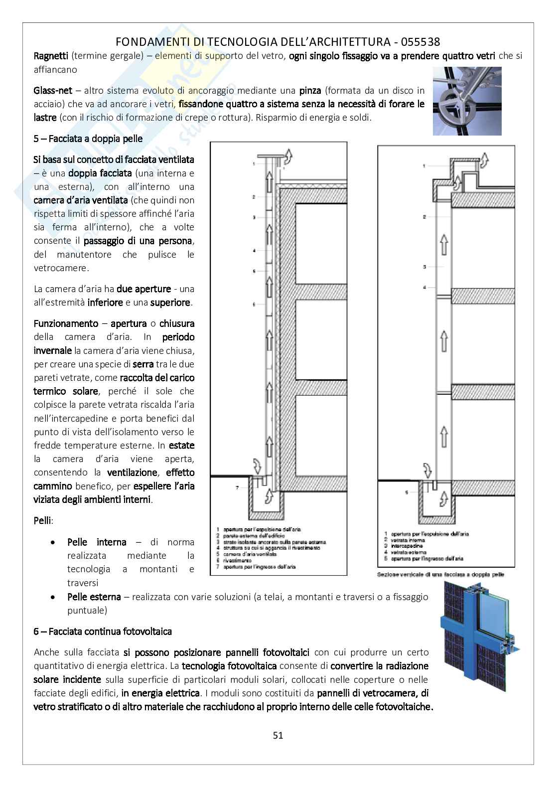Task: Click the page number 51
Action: [278, 735]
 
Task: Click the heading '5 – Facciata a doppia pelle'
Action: [88, 139]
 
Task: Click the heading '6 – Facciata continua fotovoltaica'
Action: [103, 631]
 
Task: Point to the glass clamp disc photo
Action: [467, 101]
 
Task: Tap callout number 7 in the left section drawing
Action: [237, 487]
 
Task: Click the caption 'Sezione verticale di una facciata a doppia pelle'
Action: [440, 575]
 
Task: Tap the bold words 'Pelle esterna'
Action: [94, 597]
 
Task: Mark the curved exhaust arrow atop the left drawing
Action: [288, 159]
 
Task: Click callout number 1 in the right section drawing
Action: [424, 166]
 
